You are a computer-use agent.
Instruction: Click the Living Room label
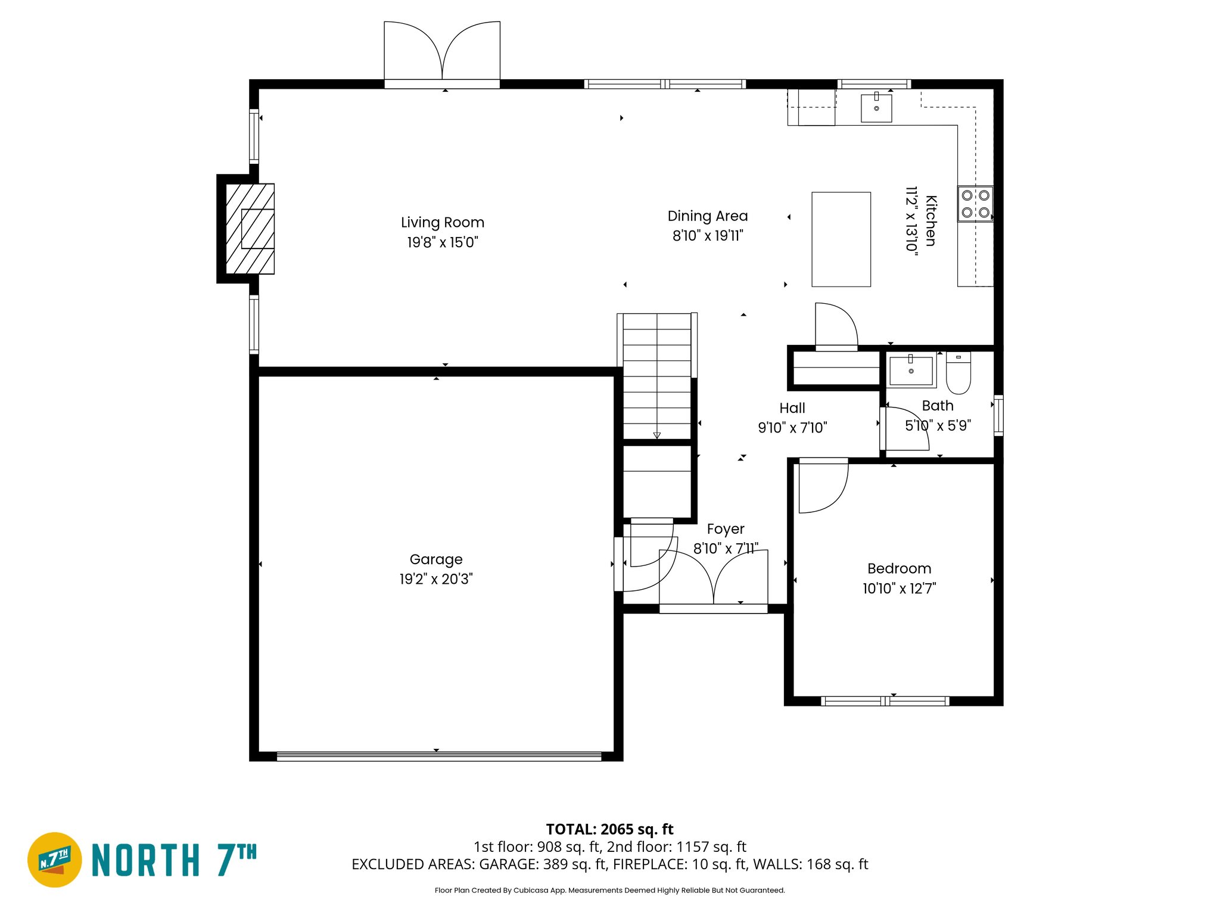(x=442, y=223)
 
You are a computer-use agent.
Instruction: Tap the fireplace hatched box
(x=250, y=229)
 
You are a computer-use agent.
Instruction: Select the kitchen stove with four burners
(x=975, y=204)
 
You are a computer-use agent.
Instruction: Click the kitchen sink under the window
(x=876, y=108)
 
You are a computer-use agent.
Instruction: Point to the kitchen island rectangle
(x=841, y=239)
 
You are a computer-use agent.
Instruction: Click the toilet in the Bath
(x=958, y=374)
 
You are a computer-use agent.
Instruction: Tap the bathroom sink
(x=911, y=371)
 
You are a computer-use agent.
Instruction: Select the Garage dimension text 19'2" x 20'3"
(x=435, y=579)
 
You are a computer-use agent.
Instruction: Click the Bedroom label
(x=899, y=569)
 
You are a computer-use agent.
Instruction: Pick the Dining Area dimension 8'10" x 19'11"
(x=708, y=236)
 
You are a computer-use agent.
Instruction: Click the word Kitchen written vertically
(x=930, y=221)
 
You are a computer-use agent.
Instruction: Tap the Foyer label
(x=725, y=529)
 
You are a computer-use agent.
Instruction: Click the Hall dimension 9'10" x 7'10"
(x=792, y=428)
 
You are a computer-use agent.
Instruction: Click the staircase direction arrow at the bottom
(x=656, y=435)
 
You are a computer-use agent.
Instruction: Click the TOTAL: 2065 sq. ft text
(x=609, y=829)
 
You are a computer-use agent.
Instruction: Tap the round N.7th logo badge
(x=55, y=860)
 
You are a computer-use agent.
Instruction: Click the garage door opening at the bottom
(x=439, y=757)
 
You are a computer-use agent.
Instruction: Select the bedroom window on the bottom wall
(x=885, y=702)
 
